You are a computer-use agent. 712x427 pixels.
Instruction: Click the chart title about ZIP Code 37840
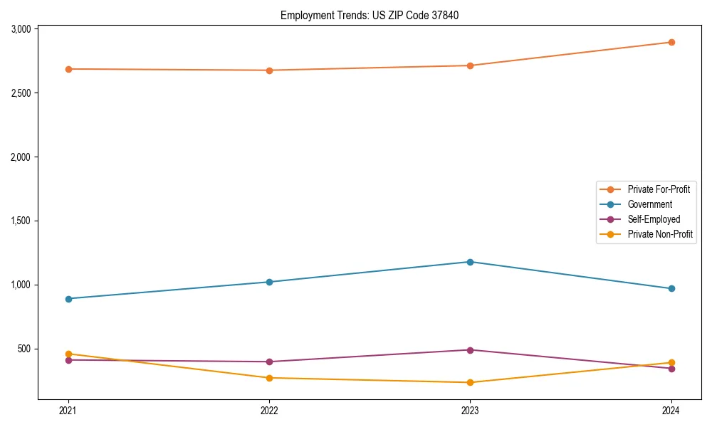[365, 15]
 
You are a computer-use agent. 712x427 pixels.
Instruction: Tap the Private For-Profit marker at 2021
[68, 69]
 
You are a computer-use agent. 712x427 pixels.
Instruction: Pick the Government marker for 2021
[68, 299]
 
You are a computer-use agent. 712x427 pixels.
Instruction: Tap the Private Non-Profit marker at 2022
[269, 378]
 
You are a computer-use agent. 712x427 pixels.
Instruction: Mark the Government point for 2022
[269, 282]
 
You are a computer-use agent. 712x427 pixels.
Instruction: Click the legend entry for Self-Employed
[654, 219]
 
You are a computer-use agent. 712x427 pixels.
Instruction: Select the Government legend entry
[649, 204]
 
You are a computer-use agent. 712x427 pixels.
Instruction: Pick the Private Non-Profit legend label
[660, 234]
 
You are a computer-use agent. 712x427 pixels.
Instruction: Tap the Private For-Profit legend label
[658, 189]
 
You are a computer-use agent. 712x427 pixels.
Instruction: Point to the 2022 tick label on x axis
[269, 410]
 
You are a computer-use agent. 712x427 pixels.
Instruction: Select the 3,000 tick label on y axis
[21, 29]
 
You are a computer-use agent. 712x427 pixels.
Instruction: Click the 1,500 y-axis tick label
[21, 221]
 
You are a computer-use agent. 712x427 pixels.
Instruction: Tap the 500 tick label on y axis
[25, 349]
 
